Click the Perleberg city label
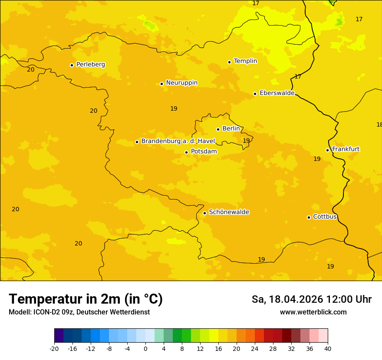(x=90, y=65)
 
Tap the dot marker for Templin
(x=229, y=62)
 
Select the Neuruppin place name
(x=181, y=83)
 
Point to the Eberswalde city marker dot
(x=255, y=94)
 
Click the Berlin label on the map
(x=231, y=129)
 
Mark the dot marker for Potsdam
(x=186, y=152)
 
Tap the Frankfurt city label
(x=346, y=149)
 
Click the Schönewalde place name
(x=229, y=212)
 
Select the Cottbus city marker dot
(x=309, y=217)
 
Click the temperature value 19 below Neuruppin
(x=174, y=109)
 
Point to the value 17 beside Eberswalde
(x=298, y=77)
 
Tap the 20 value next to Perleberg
(x=30, y=70)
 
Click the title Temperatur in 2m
(x=86, y=299)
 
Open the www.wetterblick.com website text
(x=313, y=312)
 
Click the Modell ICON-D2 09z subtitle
(x=79, y=312)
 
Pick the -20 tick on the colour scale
(x=54, y=348)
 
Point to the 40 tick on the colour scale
(x=327, y=348)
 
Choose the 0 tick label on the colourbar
(x=145, y=348)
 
